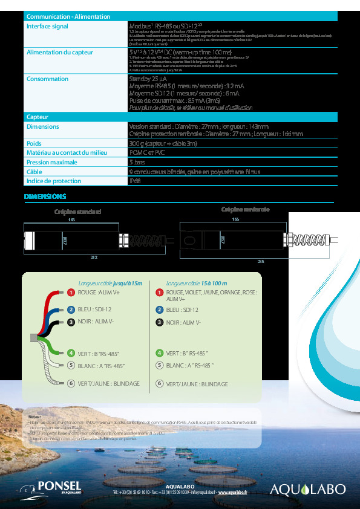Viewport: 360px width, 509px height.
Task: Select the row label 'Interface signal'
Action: (47, 27)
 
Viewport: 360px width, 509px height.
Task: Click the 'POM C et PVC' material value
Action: (147, 153)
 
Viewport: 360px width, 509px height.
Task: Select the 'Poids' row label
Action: (34, 144)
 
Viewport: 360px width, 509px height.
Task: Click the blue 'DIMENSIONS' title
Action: (44, 196)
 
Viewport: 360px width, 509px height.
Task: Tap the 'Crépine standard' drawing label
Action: (77, 212)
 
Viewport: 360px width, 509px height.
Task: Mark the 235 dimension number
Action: (261, 262)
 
